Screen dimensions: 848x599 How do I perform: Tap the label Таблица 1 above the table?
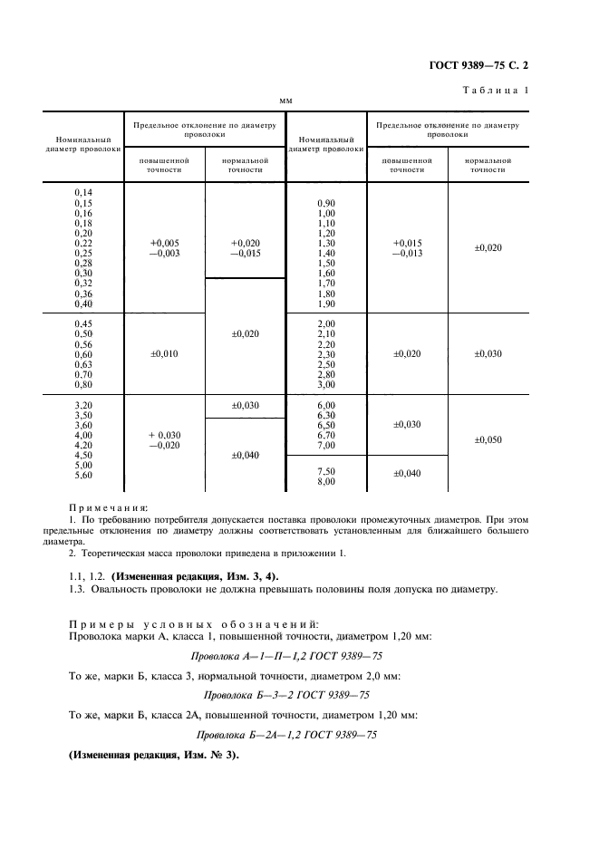496,90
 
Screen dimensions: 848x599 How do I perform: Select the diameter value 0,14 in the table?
82,193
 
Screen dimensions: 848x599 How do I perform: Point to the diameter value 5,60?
82,475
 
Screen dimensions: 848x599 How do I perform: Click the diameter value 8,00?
326,482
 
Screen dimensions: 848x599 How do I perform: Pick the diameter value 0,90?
326,202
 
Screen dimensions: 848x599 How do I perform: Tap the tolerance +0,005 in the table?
164,243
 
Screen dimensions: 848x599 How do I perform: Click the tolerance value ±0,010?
164,354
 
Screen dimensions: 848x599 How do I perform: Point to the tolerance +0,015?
407,243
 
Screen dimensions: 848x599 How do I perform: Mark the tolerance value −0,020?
164,445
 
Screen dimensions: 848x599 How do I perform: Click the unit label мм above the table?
286,101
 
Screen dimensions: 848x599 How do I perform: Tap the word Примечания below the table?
109,509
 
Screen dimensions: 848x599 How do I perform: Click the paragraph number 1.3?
79,590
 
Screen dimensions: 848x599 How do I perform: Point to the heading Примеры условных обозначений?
193,624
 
